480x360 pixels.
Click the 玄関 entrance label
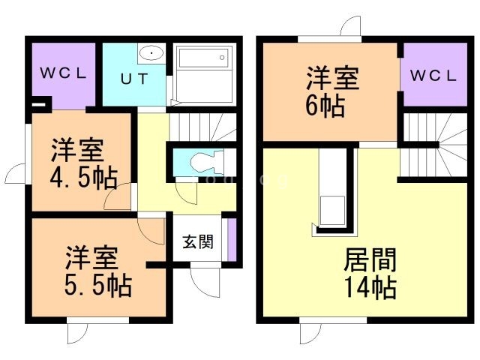[198, 241]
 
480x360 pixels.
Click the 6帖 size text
[325, 106]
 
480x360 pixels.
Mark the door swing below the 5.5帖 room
[77, 332]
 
